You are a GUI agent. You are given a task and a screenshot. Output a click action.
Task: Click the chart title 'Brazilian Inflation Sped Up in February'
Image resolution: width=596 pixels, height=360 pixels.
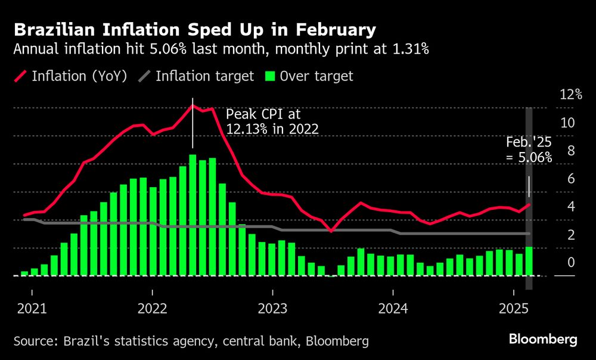coord(194,30)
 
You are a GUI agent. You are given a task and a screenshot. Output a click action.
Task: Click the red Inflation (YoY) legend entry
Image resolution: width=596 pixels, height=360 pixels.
coord(70,76)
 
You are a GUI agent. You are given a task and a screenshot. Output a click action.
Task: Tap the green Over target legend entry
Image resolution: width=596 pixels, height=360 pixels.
coord(309,76)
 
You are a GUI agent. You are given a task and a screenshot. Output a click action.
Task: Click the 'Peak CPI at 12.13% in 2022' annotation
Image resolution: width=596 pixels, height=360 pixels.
coord(272,121)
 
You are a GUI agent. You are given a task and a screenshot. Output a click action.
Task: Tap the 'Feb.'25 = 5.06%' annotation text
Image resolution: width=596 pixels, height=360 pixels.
coord(529,150)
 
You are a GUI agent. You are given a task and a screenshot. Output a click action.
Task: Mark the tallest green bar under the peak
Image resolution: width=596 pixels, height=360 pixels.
coord(193,215)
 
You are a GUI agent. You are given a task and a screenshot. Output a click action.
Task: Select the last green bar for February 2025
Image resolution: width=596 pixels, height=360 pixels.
coord(529,261)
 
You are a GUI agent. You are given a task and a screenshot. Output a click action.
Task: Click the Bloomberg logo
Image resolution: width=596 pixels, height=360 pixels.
coord(543,340)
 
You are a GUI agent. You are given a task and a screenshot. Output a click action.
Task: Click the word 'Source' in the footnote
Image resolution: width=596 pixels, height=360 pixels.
coord(34,341)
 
